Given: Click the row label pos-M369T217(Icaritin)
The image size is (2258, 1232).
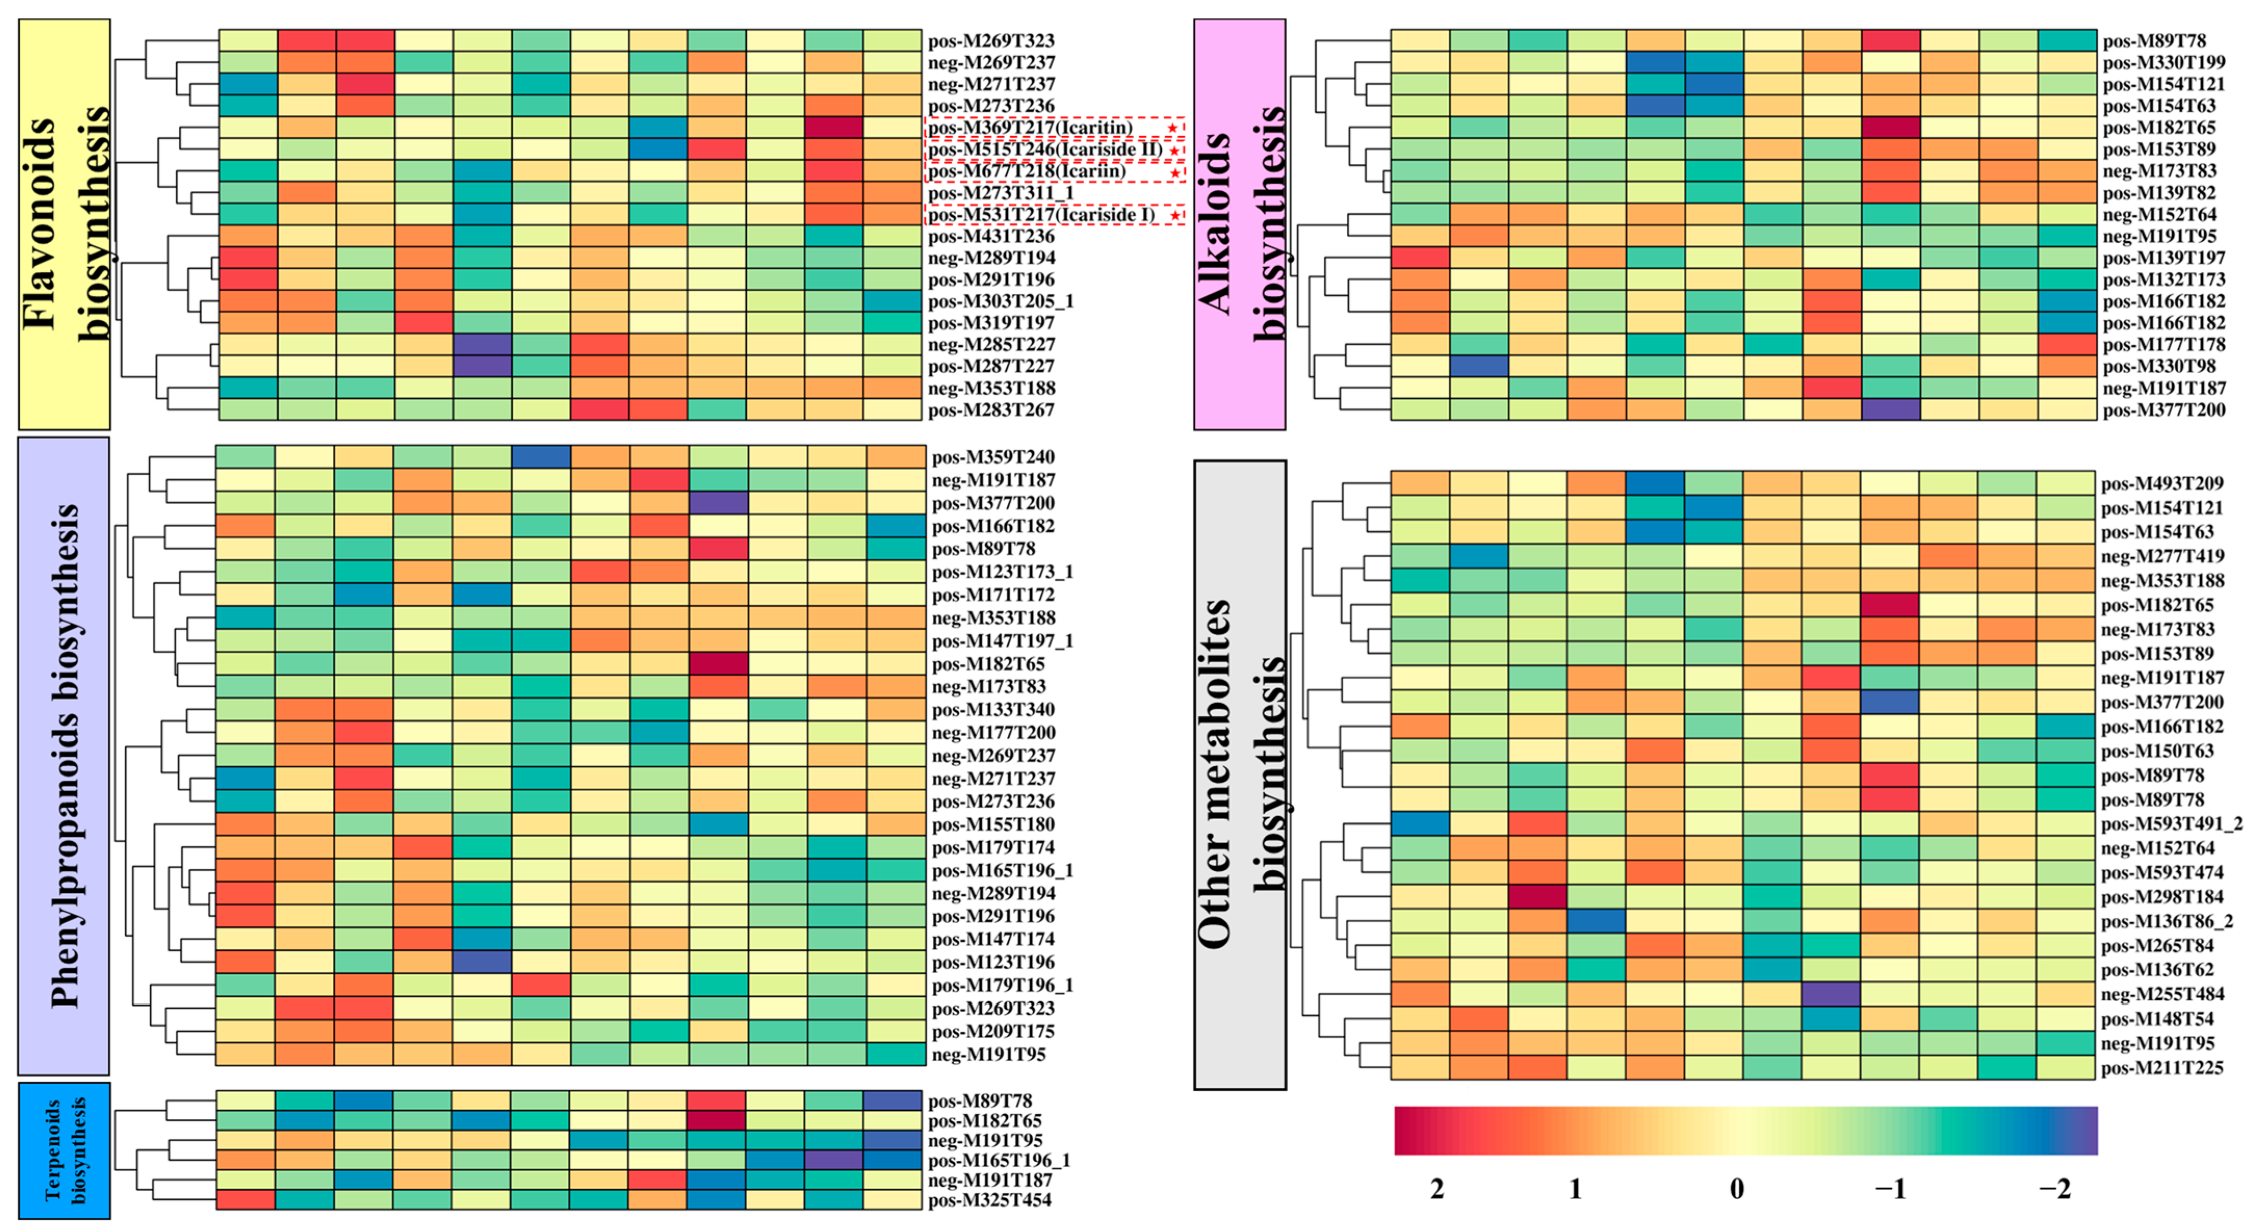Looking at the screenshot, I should (x=1030, y=128).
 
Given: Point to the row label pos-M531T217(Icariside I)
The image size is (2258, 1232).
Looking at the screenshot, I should (x=1041, y=215).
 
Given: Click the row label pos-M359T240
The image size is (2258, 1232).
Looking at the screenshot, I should (x=993, y=456).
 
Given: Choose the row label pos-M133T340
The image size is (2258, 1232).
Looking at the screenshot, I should (x=993, y=710).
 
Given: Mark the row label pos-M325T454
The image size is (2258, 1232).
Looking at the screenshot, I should (x=990, y=1200).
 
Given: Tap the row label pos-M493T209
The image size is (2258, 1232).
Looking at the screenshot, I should (x=2162, y=483).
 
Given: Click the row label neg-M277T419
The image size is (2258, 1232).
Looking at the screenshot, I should (x=2162, y=556).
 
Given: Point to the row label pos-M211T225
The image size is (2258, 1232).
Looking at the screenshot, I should (x=2162, y=1067).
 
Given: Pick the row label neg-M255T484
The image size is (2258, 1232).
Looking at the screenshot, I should (x=2162, y=994).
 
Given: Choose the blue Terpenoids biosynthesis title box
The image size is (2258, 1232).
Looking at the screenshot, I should (x=64, y=1150).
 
